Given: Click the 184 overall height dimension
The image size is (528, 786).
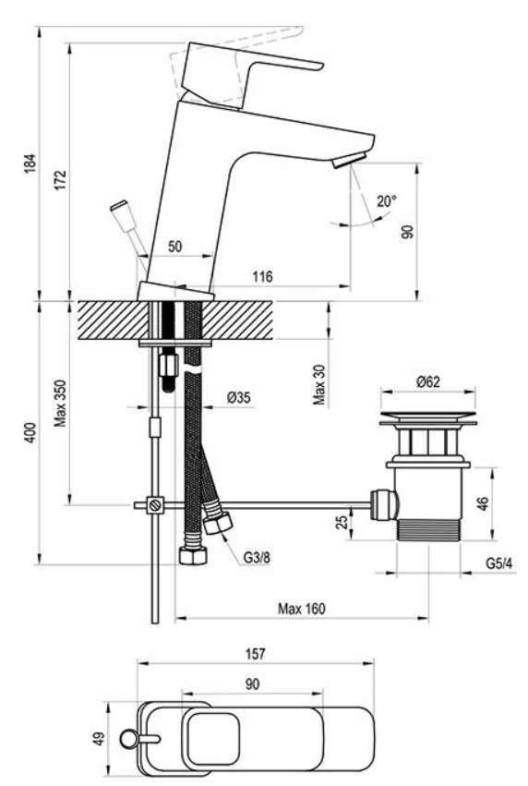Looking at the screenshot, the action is coord(31,163).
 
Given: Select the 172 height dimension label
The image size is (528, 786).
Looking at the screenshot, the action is coord(61,180).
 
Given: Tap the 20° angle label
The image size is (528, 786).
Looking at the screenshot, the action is coord(387,201).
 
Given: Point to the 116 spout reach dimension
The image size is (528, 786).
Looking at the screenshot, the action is coord(262,276).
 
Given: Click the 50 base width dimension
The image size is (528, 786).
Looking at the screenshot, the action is coord(174,247).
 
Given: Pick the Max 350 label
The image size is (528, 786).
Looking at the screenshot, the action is coord(61,404).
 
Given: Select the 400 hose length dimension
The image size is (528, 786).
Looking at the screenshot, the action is coord(31,432).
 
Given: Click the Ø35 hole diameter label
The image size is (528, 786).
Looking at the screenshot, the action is coord(238,398).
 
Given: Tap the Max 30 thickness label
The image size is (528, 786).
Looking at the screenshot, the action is coord(319,384).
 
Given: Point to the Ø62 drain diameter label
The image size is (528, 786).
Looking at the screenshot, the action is coord(427,382).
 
